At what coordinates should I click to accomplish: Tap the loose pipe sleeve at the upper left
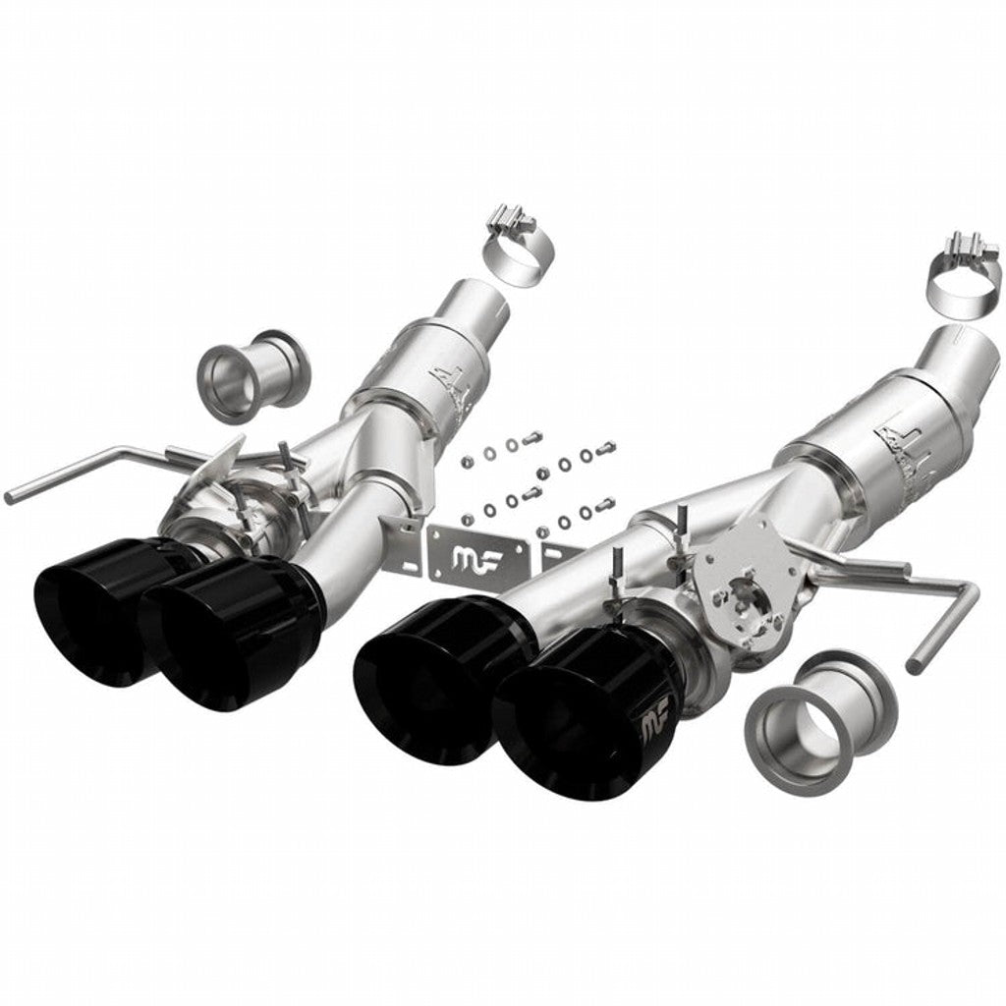[x=252, y=374]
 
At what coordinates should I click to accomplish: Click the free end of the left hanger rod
[x=12, y=496]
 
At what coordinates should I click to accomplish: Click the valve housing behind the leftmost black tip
[x=241, y=501]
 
